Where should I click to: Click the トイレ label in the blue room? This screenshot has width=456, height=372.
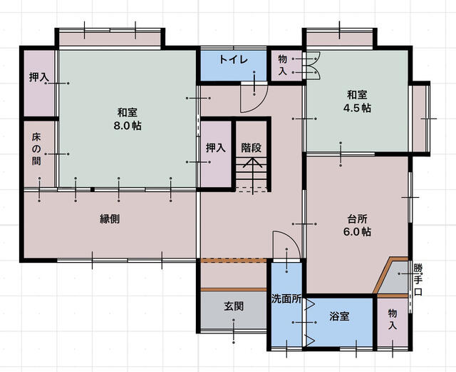coord(233,59)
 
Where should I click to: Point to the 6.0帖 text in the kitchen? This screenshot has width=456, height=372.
coord(358,232)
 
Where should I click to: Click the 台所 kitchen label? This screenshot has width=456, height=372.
coord(358,218)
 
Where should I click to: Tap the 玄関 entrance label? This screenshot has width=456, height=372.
coord(234,306)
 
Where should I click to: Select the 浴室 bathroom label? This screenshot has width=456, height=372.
coord(338,316)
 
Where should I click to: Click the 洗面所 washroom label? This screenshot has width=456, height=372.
coord(286,299)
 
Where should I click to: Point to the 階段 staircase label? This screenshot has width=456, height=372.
coord(250,148)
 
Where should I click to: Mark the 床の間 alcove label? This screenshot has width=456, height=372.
coord(36,149)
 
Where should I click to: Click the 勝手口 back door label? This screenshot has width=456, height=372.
coord(418,281)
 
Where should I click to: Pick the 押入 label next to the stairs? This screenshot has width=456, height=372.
coord(215,148)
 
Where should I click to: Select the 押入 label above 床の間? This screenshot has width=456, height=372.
coord(38,77)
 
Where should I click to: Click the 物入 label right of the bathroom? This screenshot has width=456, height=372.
coord(392,319)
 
